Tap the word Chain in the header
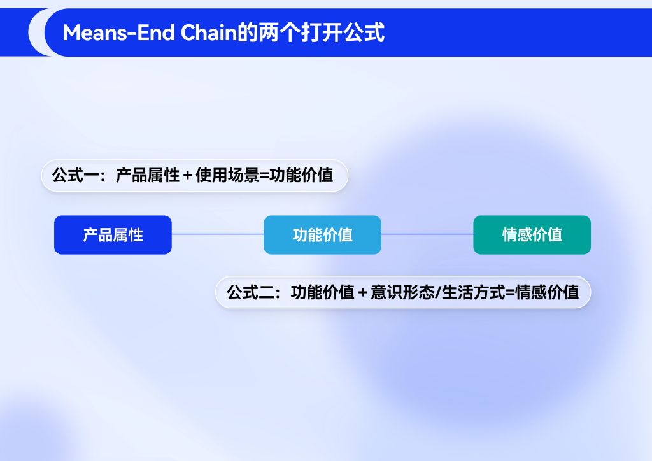click(208, 32)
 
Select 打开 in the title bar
click(321, 32)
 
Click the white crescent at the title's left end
click(36, 32)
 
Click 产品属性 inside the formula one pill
click(148, 175)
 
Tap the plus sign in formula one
click(188, 176)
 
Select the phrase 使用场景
click(227, 175)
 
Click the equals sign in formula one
click(264, 176)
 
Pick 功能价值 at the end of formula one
click(301, 175)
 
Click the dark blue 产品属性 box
click(113, 235)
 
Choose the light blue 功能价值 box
click(322, 235)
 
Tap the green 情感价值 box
click(532, 235)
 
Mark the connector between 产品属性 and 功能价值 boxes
click(218, 234)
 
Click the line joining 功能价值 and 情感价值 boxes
click(427, 234)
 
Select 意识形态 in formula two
click(402, 292)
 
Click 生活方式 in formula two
click(474, 292)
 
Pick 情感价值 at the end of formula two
click(547, 292)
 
